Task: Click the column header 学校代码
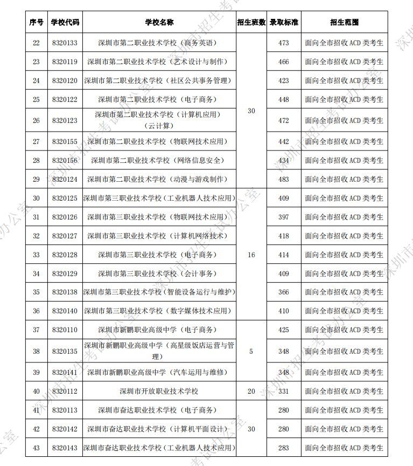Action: pyautogui.click(x=65, y=23)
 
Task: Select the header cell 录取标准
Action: pyautogui.click(x=284, y=23)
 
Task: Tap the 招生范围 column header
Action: pyautogui.click(x=344, y=23)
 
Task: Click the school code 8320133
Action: pyautogui.click(x=65, y=43)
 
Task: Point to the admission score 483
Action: pyautogui.click(x=284, y=179)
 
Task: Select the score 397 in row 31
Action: pyautogui.click(x=284, y=217)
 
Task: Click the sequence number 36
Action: pyautogui.click(x=36, y=311)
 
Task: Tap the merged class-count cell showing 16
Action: pyautogui.click(x=251, y=255)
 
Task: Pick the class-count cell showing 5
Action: pyautogui.click(x=251, y=351)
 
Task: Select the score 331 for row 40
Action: pyautogui.click(x=284, y=391)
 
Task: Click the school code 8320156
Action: pyautogui.click(x=65, y=160)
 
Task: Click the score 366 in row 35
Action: pyautogui.click(x=284, y=292)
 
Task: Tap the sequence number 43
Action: pyautogui.click(x=36, y=448)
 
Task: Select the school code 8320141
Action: pyautogui.click(x=65, y=372)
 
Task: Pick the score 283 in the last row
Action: pyautogui.click(x=284, y=448)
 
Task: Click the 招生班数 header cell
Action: pyautogui.click(x=251, y=23)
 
